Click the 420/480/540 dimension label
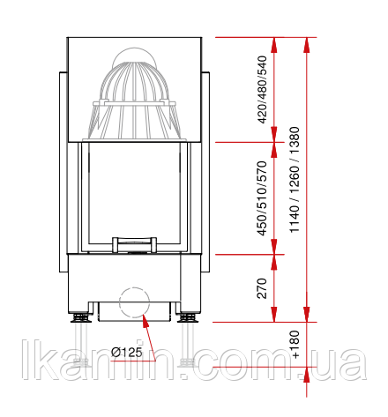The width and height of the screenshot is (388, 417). [263, 89]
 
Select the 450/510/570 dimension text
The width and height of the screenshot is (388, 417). [263, 198]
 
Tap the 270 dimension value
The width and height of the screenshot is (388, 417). [262, 288]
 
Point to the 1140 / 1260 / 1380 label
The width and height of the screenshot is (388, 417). [295, 180]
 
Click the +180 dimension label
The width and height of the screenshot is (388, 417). [295, 345]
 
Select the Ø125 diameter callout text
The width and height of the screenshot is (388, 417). [127, 352]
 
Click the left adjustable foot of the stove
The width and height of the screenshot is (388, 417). [81, 317]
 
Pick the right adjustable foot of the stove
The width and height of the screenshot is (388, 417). [188, 317]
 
